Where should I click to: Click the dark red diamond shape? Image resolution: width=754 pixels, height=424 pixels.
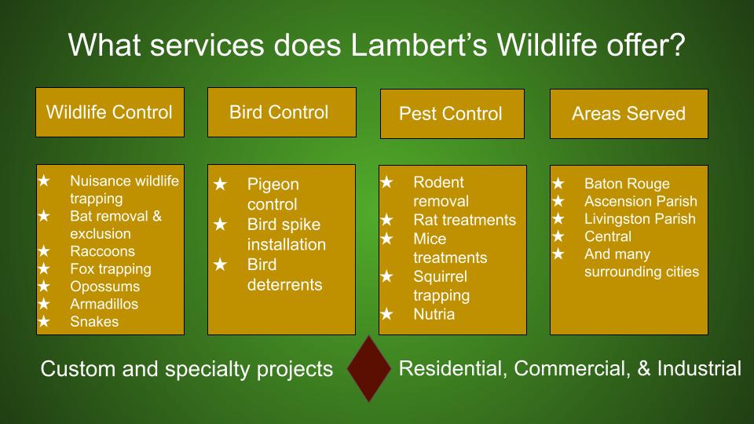tap(369, 368)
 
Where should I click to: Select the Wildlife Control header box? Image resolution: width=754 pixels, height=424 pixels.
tap(110, 112)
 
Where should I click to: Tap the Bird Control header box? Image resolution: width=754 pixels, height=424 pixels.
tap(282, 112)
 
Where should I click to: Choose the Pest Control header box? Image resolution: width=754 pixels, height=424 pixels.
tap(452, 114)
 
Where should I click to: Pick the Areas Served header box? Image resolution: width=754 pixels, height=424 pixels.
tap(628, 114)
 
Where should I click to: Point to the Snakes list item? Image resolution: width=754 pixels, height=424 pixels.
tap(94, 322)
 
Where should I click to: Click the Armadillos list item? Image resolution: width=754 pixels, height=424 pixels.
tap(104, 304)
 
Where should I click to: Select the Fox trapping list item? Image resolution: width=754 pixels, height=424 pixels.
tap(111, 269)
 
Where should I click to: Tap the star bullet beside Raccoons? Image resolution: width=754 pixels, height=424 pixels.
tap(44, 251)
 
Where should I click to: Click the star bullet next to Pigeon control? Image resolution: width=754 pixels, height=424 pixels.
tap(220, 184)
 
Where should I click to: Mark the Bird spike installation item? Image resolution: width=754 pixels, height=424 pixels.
tap(287, 234)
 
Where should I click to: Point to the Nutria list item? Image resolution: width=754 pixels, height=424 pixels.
tap(434, 314)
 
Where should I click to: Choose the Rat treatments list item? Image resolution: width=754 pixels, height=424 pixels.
tap(464, 220)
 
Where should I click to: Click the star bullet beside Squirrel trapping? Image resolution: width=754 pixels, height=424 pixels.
tap(386, 276)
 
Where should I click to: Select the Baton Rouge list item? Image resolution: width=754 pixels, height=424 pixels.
tap(627, 184)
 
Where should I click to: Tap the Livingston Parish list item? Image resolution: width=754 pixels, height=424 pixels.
tap(640, 219)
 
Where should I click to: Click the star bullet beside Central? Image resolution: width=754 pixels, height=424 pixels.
tap(558, 236)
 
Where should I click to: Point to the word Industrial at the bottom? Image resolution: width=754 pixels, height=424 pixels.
tap(699, 368)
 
